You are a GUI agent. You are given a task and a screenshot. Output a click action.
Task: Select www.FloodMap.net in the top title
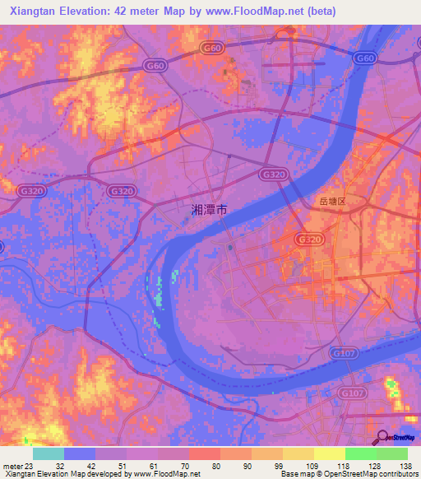253,12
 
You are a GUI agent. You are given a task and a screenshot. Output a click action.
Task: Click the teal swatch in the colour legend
49,453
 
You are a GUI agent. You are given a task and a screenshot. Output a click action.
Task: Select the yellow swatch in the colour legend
329,453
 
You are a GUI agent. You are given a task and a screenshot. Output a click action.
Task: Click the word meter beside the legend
11,466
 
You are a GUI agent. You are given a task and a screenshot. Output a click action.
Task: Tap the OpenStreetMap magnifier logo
384,438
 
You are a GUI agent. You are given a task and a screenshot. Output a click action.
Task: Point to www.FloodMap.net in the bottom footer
161,475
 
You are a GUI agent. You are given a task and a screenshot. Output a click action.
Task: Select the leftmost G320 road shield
30,191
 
